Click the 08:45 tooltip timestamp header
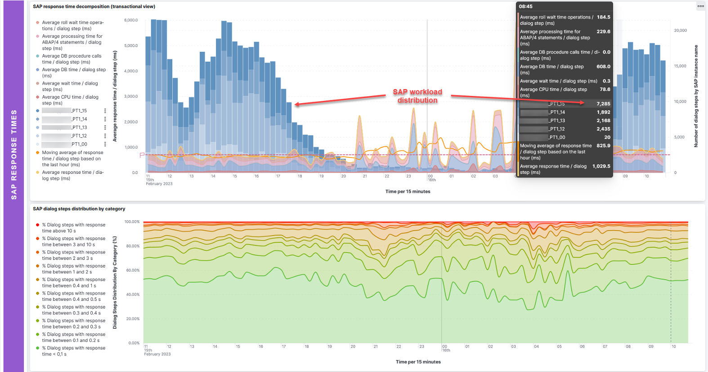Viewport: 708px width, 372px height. point(525,6)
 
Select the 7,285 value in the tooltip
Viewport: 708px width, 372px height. point(603,104)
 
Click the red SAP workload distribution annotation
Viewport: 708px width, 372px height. point(417,96)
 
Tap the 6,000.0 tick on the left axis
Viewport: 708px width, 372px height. point(131,20)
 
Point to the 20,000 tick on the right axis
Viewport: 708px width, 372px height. point(680,31)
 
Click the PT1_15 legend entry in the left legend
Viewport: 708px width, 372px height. point(79,110)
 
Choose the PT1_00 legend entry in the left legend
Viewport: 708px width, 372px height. point(79,144)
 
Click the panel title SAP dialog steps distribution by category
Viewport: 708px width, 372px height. point(79,209)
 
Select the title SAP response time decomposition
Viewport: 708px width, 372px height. point(94,7)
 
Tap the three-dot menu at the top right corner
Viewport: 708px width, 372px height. point(700,6)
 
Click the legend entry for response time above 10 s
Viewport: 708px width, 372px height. point(74,227)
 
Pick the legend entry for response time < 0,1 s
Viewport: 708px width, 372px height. point(74,351)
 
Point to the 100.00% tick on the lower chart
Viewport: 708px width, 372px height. point(132,222)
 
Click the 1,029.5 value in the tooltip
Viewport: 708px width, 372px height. point(601,166)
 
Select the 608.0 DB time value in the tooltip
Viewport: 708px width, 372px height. point(603,67)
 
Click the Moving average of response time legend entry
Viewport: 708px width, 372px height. point(72,159)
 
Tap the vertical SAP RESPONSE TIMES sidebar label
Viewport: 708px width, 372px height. point(14,154)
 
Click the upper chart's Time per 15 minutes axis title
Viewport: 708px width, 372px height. point(408,191)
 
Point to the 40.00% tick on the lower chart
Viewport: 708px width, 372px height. point(133,295)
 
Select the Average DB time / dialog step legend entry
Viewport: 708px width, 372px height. point(74,73)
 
